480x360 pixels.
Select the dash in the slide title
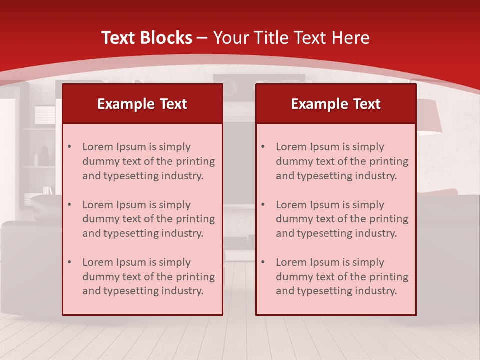point(202,38)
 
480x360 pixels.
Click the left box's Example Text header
point(142,104)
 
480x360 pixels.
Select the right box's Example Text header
point(336,104)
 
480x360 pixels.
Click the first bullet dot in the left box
point(70,147)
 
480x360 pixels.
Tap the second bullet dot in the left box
point(70,205)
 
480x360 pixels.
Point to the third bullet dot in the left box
point(70,262)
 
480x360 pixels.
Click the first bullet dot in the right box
point(263,147)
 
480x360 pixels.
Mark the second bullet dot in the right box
point(263,205)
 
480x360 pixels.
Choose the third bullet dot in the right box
point(263,262)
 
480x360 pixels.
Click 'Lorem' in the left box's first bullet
point(98,147)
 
